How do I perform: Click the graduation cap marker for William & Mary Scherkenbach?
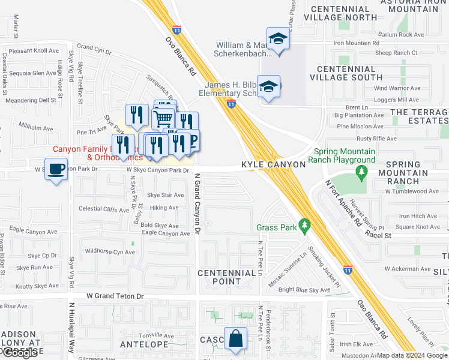[278, 40]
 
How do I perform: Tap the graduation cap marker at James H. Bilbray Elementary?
[268, 86]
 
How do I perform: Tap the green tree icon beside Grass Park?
[305, 227]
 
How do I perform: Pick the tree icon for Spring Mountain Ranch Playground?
[361, 173]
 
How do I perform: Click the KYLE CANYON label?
[274, 164]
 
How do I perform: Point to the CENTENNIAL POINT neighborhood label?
[227, 278]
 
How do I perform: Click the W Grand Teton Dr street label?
[115, 296]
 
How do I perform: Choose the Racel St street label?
[378, 236]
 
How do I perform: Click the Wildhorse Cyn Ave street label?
[110, 252]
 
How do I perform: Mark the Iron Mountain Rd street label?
[357, 43]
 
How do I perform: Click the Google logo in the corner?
[20, 353]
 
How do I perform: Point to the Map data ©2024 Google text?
[412, 355]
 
